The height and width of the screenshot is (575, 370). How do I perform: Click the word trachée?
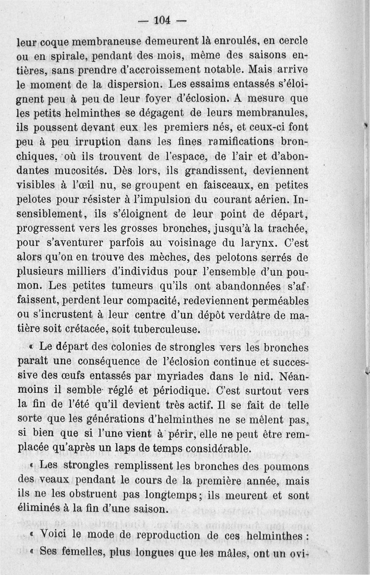pos(287,228)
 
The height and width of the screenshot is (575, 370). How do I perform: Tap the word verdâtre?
pos(253,315)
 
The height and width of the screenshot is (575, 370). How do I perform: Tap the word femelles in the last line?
pos(87,551)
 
